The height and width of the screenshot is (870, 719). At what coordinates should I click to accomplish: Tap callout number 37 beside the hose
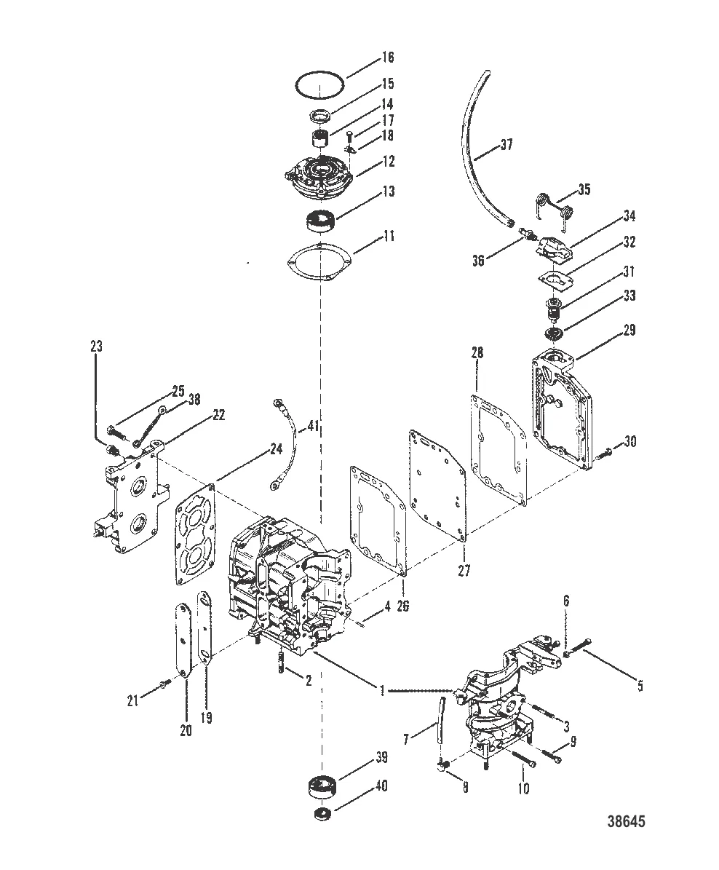pos(507,145)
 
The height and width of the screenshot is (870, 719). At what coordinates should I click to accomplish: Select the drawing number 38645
pos(626,822)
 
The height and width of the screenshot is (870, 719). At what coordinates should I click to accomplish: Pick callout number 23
pos(95,347)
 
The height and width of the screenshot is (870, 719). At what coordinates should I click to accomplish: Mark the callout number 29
pos(629,330)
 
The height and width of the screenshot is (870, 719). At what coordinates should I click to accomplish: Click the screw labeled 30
pos(605,453)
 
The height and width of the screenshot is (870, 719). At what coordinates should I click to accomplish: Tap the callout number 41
pos(313,425)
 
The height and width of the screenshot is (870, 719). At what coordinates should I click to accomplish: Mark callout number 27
pos(464,571)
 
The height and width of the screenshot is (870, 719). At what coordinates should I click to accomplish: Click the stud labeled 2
pos(282,663)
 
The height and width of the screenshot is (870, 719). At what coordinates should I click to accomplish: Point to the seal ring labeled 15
pos(320,115)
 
